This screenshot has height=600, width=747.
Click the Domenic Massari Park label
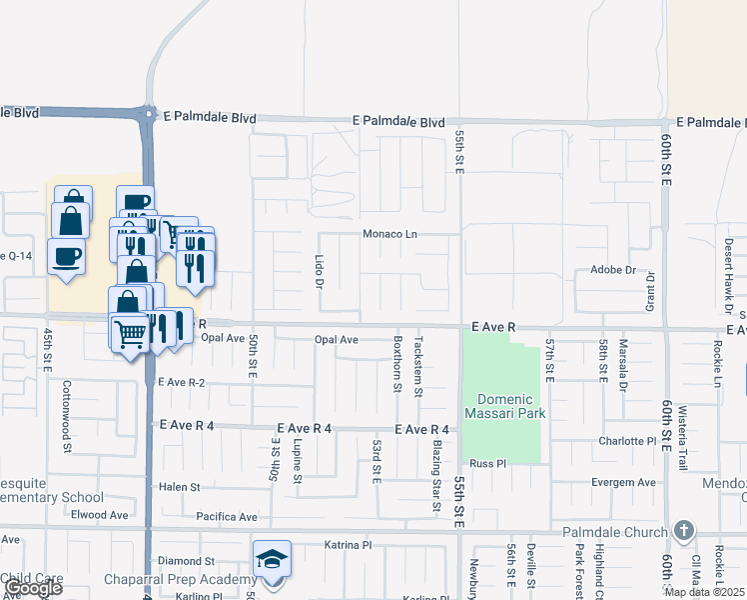[504, 407]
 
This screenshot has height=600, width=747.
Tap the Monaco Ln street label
[389, 234]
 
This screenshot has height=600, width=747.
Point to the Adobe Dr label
[613, 270]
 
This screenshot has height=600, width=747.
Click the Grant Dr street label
[649, 291]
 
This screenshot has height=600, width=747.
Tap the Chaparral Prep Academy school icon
[271, 562]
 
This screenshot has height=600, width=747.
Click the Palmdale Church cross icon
[683, 529]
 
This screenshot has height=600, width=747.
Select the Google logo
[32, 588]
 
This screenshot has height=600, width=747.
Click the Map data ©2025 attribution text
[704, 592]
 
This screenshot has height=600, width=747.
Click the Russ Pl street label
[489, 464]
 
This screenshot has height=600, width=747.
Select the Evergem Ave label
[623, 482]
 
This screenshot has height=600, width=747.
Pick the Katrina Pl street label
[348, 545]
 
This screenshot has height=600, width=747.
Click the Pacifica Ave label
[227, 517]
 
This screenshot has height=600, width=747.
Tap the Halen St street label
[180, 487]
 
